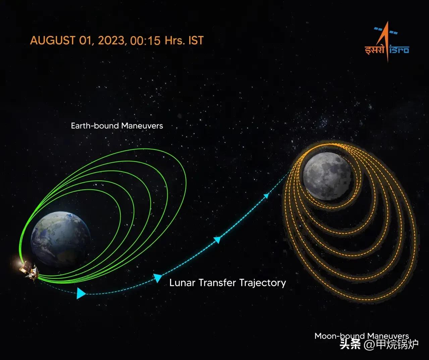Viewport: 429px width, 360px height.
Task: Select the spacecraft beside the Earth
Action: pyautogui.click(x=28, y=268)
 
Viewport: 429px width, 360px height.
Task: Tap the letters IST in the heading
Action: pyautogui.click(x=196, y=41)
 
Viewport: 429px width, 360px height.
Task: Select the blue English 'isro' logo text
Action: pyautogui.click(x=399, y=50)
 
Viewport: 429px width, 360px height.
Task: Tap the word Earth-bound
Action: pyautogui.click(x=95, y=126)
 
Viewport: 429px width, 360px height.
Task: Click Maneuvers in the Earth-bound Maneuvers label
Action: pyautogui.click(x=142, y=126)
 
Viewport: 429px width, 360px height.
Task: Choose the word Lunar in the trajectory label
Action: pyautogui.click(x=182, y=283)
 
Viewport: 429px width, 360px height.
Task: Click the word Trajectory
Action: pyautogui.click(x=263, y=283)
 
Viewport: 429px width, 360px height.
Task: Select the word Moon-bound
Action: pyautogui.click(x=339, y=336)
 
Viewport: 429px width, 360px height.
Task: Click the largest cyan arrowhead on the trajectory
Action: pyautogui.click(x=81, y=293)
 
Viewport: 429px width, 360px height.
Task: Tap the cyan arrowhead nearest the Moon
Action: pyautogui.click(x=267, y=196)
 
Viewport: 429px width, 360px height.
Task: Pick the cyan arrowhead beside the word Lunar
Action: pyautogui.click(x=157, y=278)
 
